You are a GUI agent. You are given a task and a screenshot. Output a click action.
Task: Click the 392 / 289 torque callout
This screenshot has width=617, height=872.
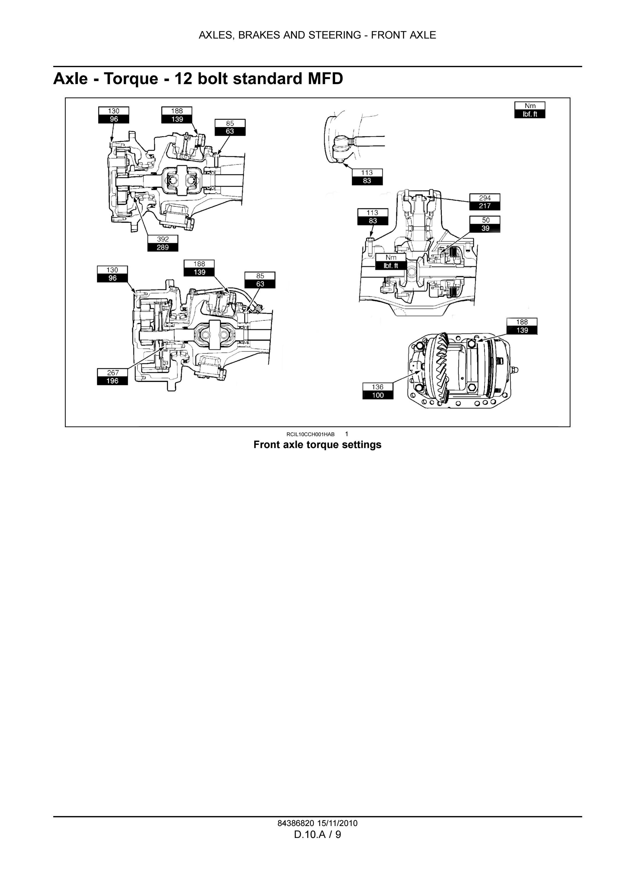tap(163, 243)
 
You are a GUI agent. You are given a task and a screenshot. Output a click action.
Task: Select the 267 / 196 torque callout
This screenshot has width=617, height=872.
tap(113, 377)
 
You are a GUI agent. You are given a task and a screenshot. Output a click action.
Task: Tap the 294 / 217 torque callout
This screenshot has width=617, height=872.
tap(485, 202)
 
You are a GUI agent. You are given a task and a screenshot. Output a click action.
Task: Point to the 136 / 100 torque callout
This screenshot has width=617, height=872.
tap(378, 391)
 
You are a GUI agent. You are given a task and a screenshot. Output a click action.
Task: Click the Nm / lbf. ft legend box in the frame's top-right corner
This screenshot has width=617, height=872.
tap(530, 110)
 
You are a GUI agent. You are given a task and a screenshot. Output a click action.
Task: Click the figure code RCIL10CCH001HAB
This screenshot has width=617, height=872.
tap(310, 434)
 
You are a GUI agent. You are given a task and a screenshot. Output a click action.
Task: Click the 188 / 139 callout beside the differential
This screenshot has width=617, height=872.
tap(522, 326)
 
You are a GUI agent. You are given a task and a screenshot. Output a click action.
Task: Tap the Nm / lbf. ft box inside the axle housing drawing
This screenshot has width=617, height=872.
tap(391, 262)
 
